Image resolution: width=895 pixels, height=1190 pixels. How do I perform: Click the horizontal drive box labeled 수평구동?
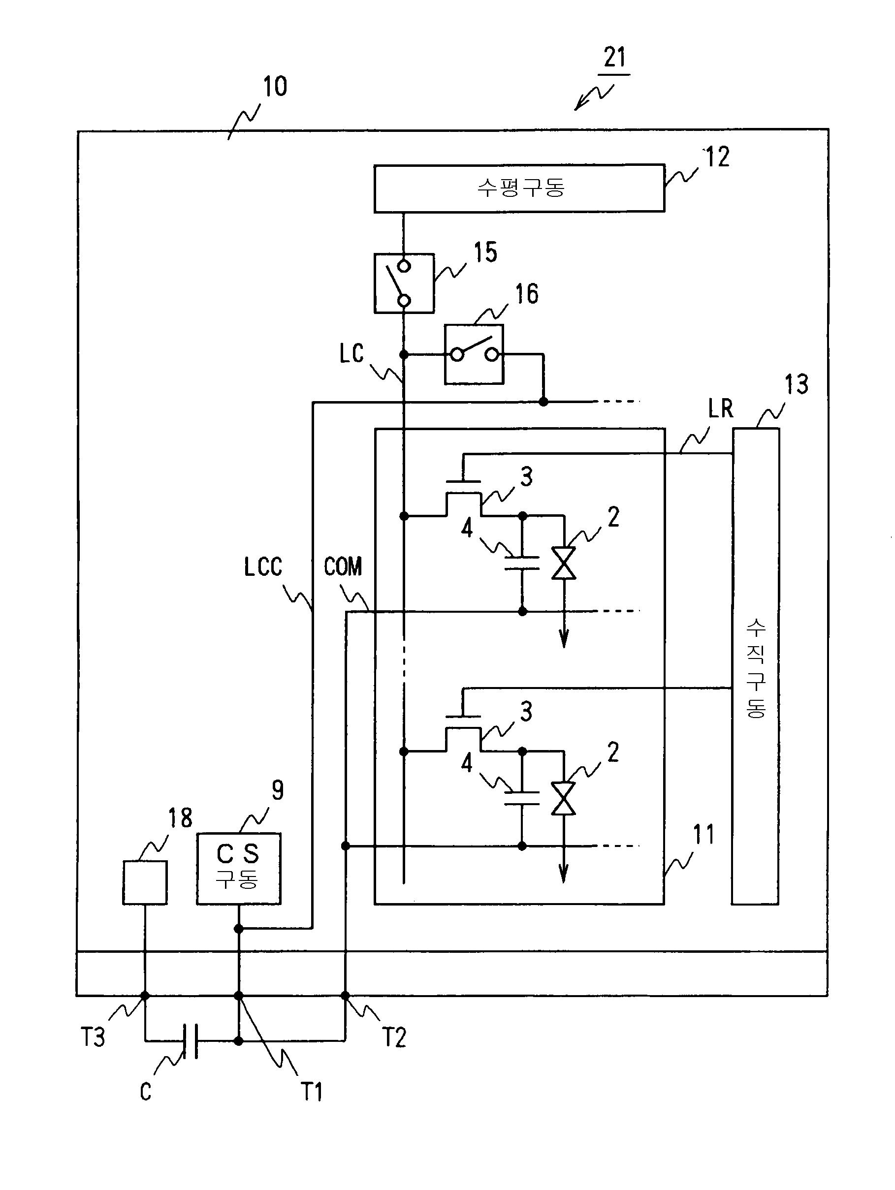pyautogui.click(x=519, y=188)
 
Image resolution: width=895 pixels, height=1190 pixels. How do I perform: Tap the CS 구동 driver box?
pyautogui.click(x=238, y=869)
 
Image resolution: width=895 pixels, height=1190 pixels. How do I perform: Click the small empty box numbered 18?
pyautogui.click(x=145, y=882)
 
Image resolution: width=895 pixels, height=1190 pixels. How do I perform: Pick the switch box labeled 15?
pyautogui.click(x=404, y=283)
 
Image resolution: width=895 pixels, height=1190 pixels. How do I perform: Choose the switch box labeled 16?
pyautogui.click(x=474, y=354)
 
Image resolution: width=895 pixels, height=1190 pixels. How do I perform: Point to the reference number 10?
pyautogui.click(x=275, y=86)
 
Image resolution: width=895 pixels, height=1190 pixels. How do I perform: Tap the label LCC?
pyautogui.click(x=263, y=567)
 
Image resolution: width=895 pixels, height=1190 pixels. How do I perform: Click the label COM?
pyautogui.click(x=343, y=566)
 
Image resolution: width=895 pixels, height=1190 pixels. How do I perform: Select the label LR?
pyautogui.click(x=721, y=409)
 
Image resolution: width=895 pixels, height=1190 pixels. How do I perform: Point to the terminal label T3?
pyautogui.click(x=93, y=1037)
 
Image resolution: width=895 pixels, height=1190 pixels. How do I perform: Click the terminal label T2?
pyautogui.click(x=394, y=1037)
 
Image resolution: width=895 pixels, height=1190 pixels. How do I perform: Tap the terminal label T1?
pyautogui.click(x=311, y=1092)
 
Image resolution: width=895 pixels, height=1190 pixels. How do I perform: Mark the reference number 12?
pyautogui.click(x=717, y=157)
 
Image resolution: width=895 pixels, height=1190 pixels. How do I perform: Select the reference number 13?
pyautogui.click(x=797, y=385)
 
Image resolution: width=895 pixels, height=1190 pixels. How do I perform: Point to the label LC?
pyautogui.click(x=352, y=353)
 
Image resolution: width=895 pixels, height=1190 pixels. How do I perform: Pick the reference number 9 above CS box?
pyautogui.click(x=277, y=790)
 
